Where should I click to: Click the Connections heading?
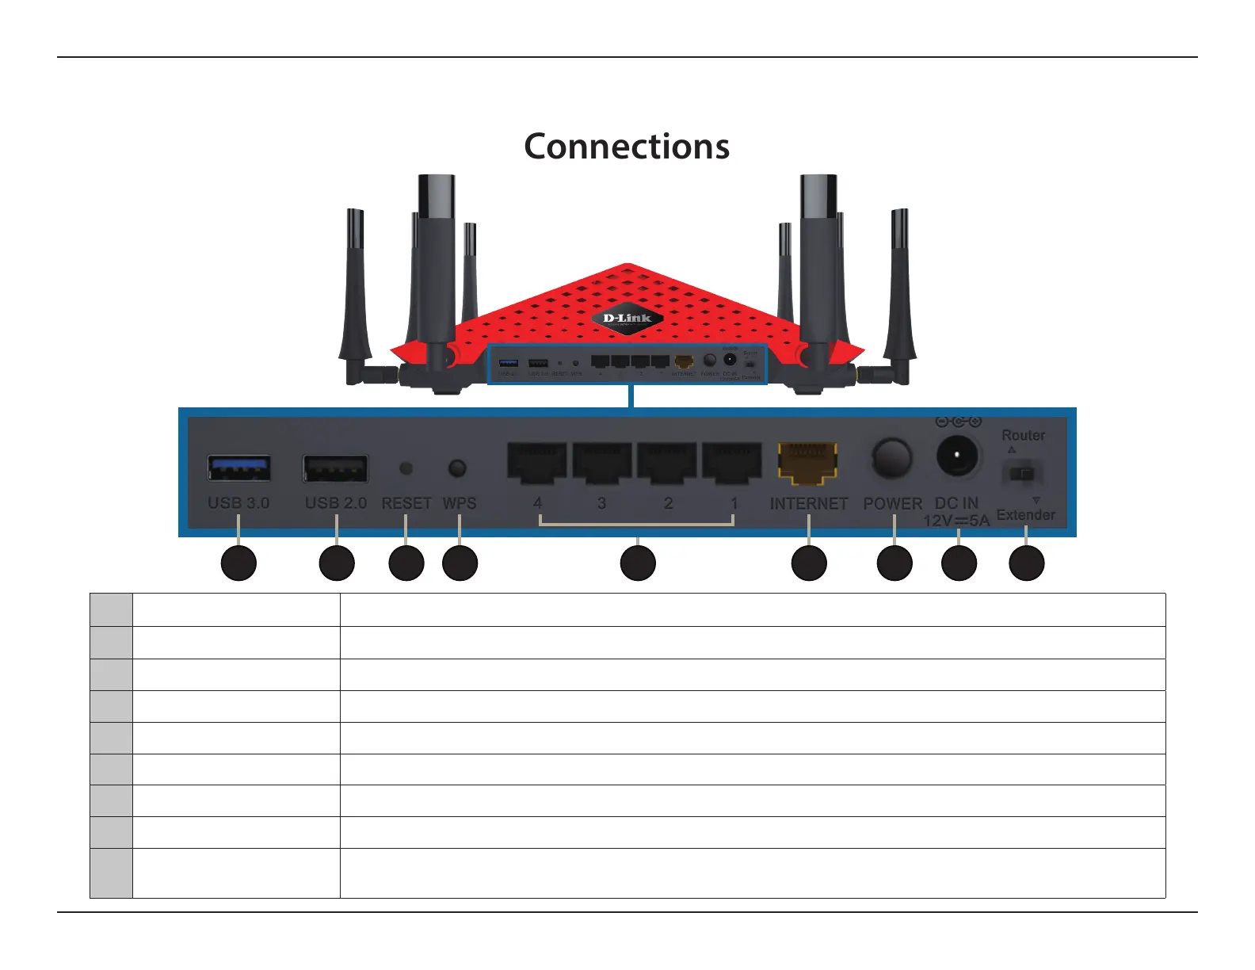[x=627, y=147]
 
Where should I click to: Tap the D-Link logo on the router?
[x=627, y=319]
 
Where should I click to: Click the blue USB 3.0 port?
[x=239, y=468]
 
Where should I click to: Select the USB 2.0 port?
[x=336, y=468]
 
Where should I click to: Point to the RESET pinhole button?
[x=406, y=468]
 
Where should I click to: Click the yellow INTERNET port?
[x=808, y=463]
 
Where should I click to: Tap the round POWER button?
[x=892, y=459]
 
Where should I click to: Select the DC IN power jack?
[x=958, y=456]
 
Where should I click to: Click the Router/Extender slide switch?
[x=1023, y=474]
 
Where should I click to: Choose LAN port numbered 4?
[x=537, y=463]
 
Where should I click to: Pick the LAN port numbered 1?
[x=732, y=463]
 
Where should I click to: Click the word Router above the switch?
[x=1023, y=435]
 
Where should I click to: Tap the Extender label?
[x=1025, y=515]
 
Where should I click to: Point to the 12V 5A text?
[x=956, y=521]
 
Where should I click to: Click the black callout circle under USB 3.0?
[x=238, y=563]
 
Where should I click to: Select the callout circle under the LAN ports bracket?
[x=638, y=563]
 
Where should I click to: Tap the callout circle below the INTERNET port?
[x=809, y=563]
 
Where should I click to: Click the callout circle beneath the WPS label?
[x=460, y=563]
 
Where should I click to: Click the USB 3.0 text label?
[x=238, y=503]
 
